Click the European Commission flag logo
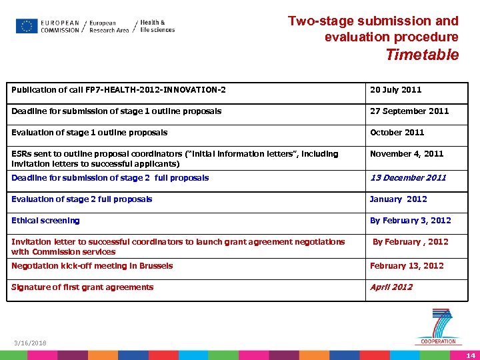tap(27, 26)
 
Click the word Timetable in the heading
tap(422, 55)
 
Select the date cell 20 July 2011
tap(395, 90)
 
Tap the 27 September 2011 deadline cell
tap(409, 111)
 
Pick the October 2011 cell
tap(397, 133)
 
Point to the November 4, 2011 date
tap(407, 154)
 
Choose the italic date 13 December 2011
tap(408, 178)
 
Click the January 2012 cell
tap(398, 199)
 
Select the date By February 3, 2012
tap(410, 221)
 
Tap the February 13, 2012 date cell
tap(407, 266)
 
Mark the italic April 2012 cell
tap(391, 287)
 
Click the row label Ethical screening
tap(45, 221)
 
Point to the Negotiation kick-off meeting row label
tap(92, 266)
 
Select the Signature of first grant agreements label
tap(82, 287)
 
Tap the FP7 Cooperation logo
tap(439, 326)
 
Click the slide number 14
tap(471, 354)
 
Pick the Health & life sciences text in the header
tap(157, 26)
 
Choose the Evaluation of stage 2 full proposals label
tap(81, 199)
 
